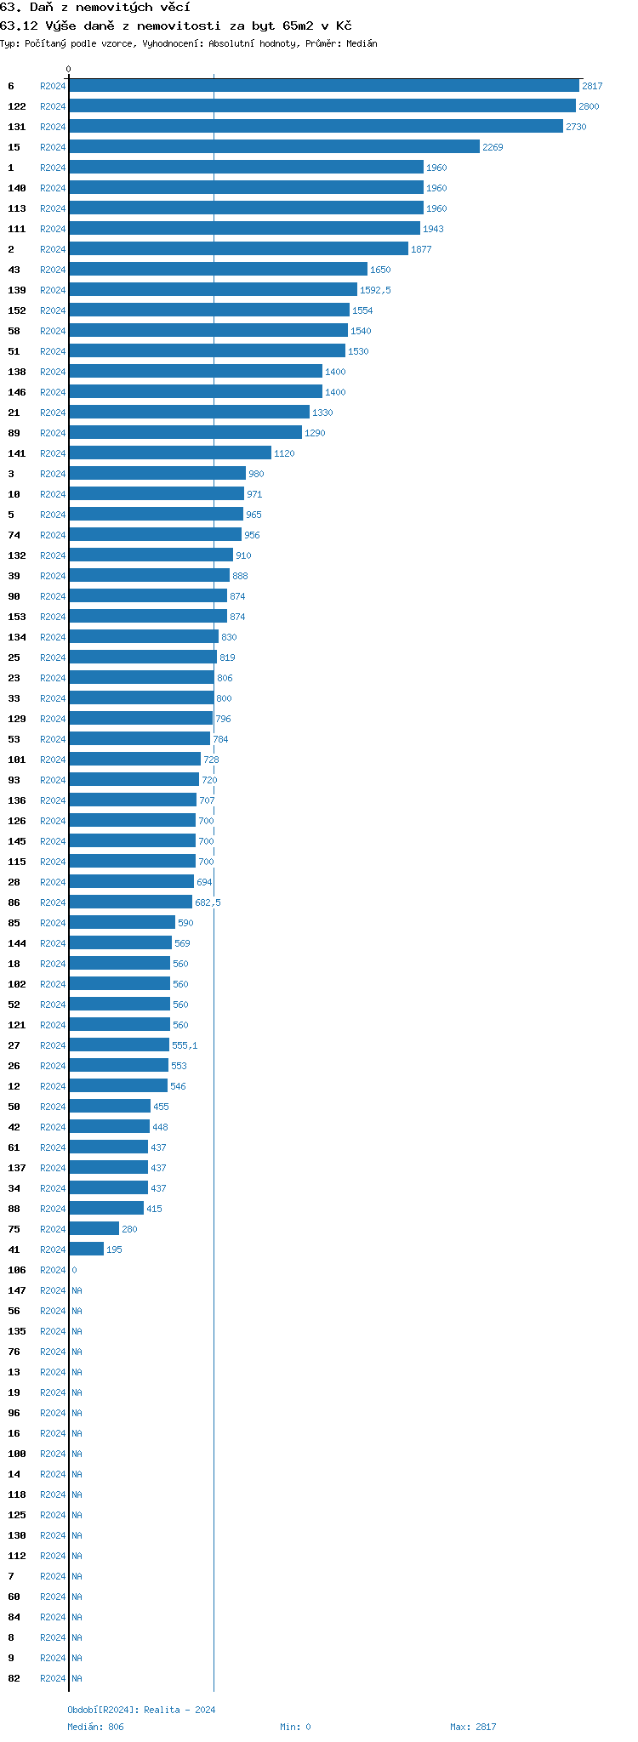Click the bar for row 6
pos(324,86)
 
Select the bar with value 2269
pos(275,147)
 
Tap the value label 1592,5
pos(375,290)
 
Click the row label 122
pos(17,106)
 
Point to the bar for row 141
pos(170,453)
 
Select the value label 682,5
pos(208,902)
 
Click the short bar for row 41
pos(87,1250)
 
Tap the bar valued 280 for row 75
pos(94,1229)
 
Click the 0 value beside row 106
pos(74,1270)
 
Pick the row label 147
pos(17,1290)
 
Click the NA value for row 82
pos(77,1678)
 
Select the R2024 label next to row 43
pos(53,270)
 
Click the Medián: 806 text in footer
pos(95,1727)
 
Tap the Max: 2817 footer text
pos(473,1727)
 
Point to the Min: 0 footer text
pos(295,1727)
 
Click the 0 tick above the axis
pos(69,70)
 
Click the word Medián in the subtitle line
pos(362,43)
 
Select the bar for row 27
pos(119,1045)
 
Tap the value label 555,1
pos(185,1045)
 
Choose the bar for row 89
pos(185,433)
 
